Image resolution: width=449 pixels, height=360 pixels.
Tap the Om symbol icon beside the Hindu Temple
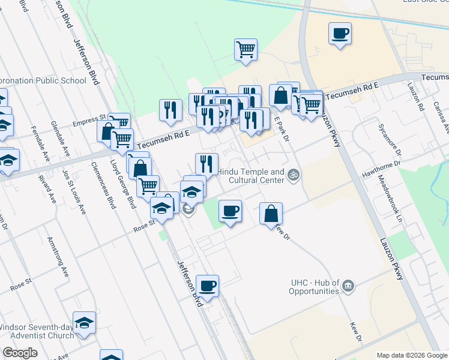tap(294, 175)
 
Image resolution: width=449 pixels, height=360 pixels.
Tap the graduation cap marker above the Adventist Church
tap(85, 322)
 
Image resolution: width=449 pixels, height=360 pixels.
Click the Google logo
tap(20, 353)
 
